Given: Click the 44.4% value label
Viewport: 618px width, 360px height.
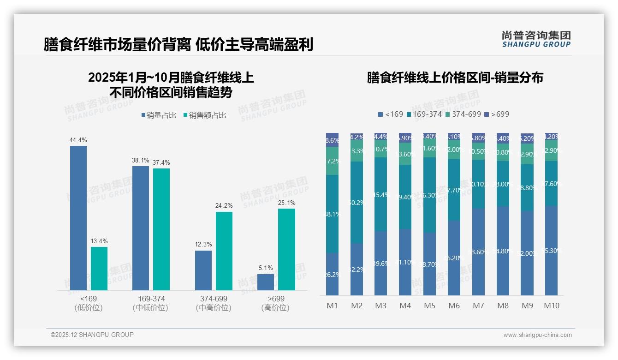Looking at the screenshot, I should coord(78,140).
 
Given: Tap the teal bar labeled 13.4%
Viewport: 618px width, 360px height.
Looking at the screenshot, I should coord(99,269).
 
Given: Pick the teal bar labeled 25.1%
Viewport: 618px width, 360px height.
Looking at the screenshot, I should coord(286,249).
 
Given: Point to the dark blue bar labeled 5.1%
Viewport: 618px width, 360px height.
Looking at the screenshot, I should coord(266,282).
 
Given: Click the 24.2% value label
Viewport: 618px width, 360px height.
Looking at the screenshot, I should coord(224,206).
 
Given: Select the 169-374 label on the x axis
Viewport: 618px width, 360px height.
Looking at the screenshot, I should coord(151,299).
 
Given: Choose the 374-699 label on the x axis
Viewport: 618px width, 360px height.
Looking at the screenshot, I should coord(214,299).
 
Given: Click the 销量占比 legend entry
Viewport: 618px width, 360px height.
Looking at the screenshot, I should coord(159,115).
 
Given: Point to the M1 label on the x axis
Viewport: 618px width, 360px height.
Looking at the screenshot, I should coord(333,306).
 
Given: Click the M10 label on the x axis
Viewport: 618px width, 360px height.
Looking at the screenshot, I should coord(552,306).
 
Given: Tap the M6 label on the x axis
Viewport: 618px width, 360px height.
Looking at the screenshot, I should coord(454,306).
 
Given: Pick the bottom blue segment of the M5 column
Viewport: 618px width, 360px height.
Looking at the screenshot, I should coord(430,264).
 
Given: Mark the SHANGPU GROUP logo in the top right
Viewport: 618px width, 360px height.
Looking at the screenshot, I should coord(536,39).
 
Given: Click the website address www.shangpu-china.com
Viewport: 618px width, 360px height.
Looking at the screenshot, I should coord(537,335).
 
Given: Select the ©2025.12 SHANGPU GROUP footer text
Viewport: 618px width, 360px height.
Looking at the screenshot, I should coord(92,335).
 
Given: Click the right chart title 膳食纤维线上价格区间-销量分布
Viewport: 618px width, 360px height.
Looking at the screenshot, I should coord(455,78).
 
